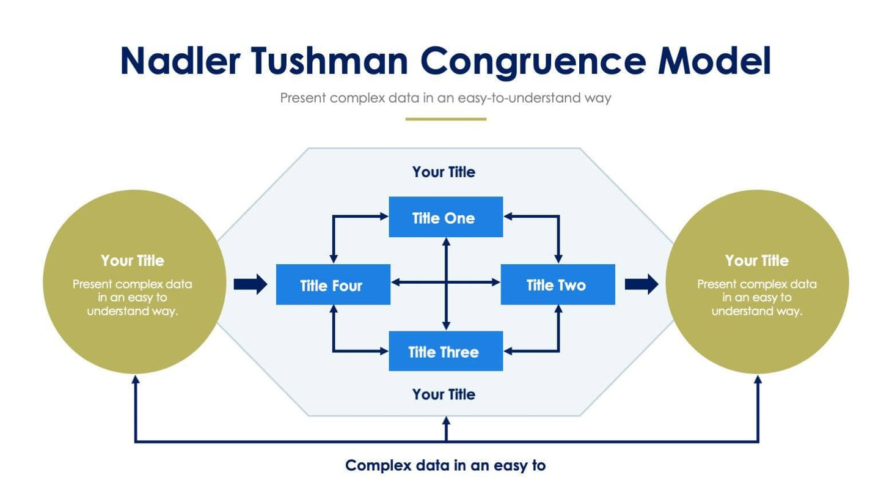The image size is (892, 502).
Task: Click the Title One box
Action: (445, 217)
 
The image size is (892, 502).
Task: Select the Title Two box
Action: (557, 284)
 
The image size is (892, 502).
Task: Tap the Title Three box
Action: (445, 351)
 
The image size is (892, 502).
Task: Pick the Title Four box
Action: (333, 284)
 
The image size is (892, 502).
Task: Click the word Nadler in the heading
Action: (180, 61)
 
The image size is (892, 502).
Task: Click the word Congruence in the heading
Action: (533, 61)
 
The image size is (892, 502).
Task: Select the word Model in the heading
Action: (714, 61)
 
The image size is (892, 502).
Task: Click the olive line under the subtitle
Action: (445, 119)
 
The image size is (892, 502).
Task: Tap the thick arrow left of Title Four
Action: (250, 284)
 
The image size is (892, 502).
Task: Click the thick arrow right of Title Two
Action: (642, 284)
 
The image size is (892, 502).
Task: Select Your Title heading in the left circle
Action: (133, 260)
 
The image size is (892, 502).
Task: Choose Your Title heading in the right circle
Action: (756, 260)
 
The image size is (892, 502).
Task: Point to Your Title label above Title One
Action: (444, 172)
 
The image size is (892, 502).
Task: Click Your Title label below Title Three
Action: (444, 394)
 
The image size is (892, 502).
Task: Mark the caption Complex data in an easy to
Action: (445, 465)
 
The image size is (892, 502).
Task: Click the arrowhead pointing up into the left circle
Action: (136, 380)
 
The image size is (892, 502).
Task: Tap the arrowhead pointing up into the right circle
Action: (758, 380)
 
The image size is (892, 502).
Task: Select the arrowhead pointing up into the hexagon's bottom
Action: (446, 421)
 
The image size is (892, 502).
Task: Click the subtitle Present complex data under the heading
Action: (445, 98)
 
